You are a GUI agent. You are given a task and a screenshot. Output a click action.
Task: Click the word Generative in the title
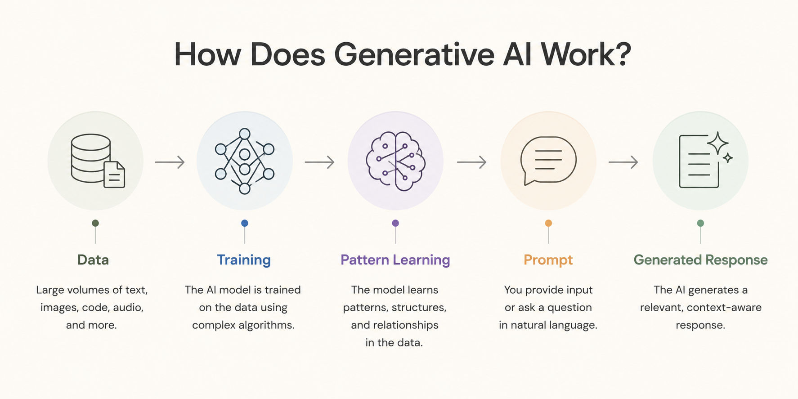pyautogui.click(x=414, y=54)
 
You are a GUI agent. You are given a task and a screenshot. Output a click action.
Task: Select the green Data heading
pyautogui.click(x=93, y=260)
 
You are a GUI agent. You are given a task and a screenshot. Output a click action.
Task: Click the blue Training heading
pyautogui.click(x=244, y=260)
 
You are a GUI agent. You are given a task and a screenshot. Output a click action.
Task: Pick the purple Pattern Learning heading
pyautogui.click(x=395, y=260)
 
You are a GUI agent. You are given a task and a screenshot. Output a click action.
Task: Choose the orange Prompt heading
pyautogui.click(x=548, y=260)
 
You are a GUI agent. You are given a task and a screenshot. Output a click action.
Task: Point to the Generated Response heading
pyautogui.click(x=700, y=260)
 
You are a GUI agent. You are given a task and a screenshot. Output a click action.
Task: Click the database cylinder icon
pyautogui.click(x=91, y=158)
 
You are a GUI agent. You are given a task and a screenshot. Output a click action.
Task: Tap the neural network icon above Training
pyautogui.click(x=244, y=161)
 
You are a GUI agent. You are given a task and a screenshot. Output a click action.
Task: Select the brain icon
pyautogui.click(x=395, y=161)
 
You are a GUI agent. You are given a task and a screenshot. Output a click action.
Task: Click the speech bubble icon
pyautogui.click(x=548, y=161)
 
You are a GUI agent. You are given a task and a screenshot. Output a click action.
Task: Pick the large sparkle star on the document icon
pyautogui.click(x=718, y=143)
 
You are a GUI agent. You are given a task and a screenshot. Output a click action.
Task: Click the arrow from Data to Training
pyautogui.click(x=170, y=161)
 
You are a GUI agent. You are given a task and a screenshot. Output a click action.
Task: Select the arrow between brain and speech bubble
pyautogui.click(x=471, y=161)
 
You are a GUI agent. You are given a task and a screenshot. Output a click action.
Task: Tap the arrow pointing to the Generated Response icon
pyautogui.click(x=623, y=161)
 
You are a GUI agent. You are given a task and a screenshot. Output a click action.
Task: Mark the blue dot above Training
pyautogui.click(x=245, y=223)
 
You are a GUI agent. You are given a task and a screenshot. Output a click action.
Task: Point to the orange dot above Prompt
pyautogui.click(x=548, y=223)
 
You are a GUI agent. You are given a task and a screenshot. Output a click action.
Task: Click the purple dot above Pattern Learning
pyautogui.click(x=395, y=223)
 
